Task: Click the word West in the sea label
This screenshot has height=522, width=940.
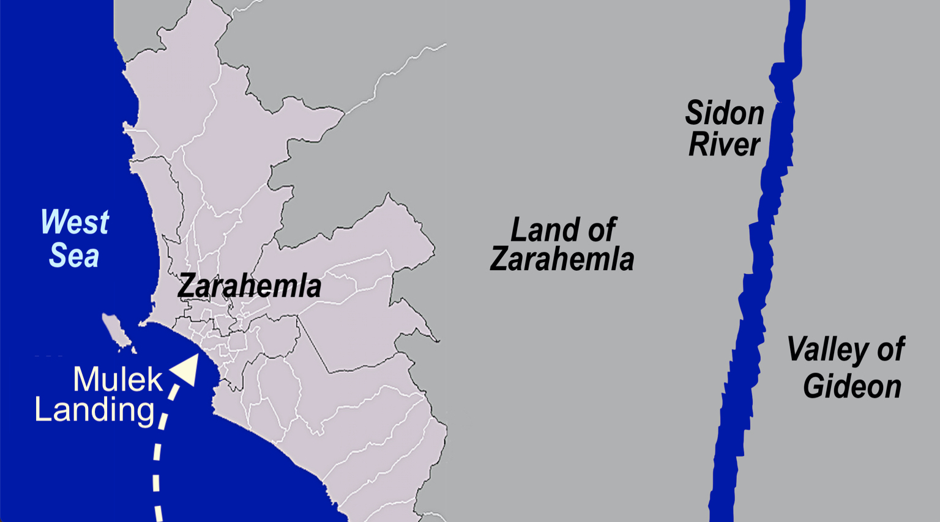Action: tap(75, 222)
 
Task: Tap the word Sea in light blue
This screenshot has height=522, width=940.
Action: tap(74, 255)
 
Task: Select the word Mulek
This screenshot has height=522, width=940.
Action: tap(117, 380)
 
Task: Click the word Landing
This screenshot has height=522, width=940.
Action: tap(94, 410)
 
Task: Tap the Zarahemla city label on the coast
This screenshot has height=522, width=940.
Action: tap(249, 286)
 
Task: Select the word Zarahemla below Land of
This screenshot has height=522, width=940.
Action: tap(562, 259)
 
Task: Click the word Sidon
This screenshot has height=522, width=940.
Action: tap(725, 114)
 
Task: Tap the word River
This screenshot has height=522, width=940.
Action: tap(725, 145)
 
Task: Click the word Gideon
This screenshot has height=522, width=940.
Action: tap(852, 386)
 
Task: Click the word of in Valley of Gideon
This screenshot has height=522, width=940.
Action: tap(890, 350)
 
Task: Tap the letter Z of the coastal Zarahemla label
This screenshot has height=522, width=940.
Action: tap(187, 286)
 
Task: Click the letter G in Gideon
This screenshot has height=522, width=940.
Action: tap(813, 386)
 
